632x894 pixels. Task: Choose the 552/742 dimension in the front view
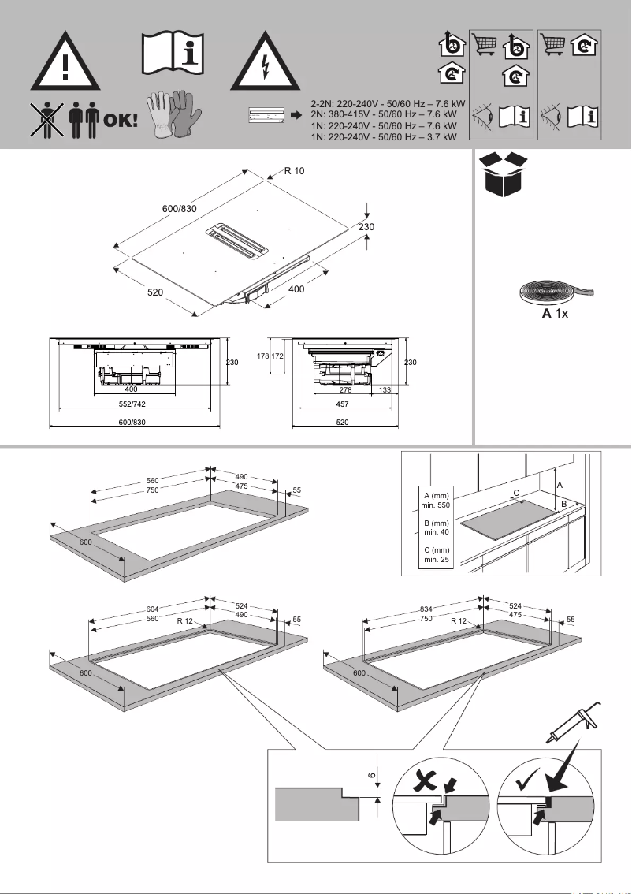(132, 403)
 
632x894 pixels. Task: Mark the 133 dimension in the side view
(385, 390)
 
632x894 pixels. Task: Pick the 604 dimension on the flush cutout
(154, 609)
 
